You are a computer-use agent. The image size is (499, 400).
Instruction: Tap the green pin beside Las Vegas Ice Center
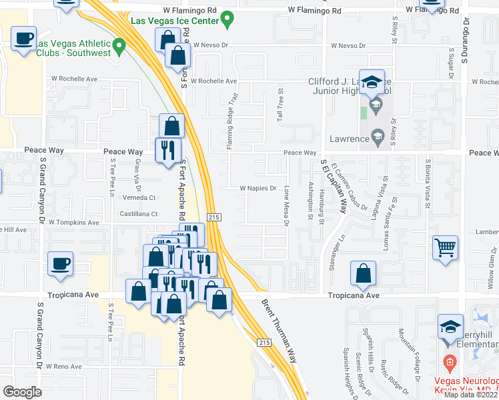pos(228,19)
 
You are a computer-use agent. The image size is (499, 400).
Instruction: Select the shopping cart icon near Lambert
pos(445,249)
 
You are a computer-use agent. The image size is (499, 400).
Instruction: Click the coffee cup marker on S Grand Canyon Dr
pos(60,265)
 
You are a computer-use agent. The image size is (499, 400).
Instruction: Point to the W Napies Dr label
pos(258,189)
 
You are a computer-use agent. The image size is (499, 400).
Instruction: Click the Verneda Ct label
pos(139,198)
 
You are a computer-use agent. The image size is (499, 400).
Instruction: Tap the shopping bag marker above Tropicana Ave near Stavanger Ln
pos(363,274)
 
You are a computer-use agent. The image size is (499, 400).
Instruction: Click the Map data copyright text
pos(471,395)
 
